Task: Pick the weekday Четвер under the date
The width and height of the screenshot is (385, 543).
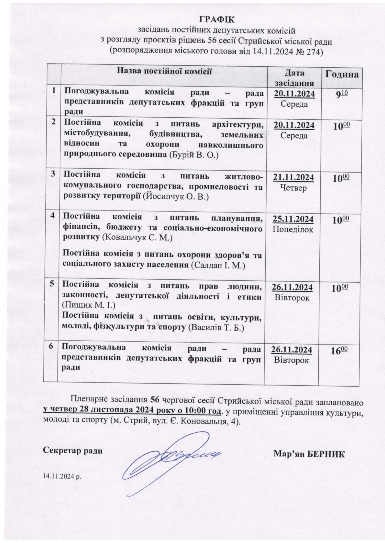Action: coord(293,188)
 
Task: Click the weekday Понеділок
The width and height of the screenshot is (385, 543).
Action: coord(293,229)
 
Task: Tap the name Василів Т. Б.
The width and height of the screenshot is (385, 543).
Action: coord(222,328)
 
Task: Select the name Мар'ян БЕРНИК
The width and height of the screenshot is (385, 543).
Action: coord(309,453)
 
